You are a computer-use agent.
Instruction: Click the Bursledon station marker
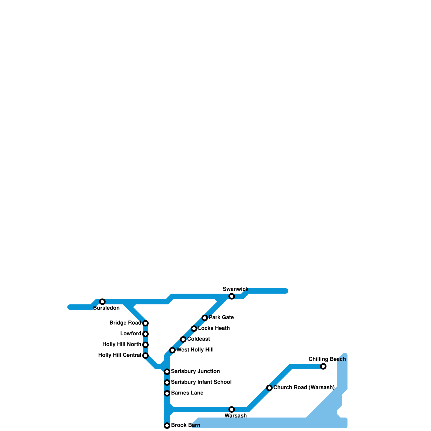coord(102,302)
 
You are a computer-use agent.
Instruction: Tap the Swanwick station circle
coord(232,296)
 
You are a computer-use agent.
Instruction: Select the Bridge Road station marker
coord(145,323)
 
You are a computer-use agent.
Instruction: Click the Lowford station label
coord(131,334)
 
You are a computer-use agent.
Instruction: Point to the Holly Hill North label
coord(122,345)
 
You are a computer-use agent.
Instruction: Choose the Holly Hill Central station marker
coord(145,356)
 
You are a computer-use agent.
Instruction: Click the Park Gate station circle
coord(205,318)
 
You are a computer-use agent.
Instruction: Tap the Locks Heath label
coord(214,328)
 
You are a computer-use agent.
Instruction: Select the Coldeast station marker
coord(183,339)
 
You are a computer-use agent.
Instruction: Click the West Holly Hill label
coord(195,350)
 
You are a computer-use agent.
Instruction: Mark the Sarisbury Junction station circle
coord(167,372)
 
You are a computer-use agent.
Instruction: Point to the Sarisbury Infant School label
coord(201,382)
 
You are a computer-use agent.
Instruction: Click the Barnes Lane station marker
coord(167,393)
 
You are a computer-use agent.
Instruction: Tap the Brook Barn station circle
coord(167,426)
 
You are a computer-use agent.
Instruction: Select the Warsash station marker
coord(232,409)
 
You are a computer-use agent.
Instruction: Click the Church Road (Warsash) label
coord(304,388)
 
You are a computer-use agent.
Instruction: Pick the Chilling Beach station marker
coord(323,366)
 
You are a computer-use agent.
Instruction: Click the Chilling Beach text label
coord(327,359)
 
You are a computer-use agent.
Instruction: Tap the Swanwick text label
coord(235,289)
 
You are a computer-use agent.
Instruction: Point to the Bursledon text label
coord(106,308)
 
